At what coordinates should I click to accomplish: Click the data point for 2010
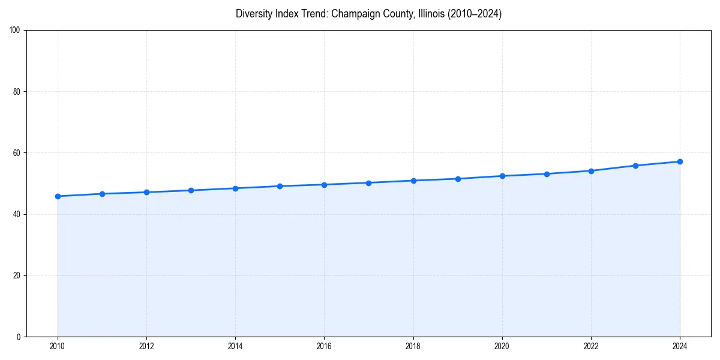coord(58,196)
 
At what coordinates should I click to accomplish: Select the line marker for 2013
coord(191,190)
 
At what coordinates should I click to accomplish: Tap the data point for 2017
coord(368,183)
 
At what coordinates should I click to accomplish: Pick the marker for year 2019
coord(458,179)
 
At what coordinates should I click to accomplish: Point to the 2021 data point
coord(547,174)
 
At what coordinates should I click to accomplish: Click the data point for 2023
coord(635,166)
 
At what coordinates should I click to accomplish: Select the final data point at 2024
coord(680,161)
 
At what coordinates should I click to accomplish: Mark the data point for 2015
coord(280,186)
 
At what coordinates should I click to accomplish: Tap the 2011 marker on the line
coord(102,194)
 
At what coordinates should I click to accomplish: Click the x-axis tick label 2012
coord(146,346)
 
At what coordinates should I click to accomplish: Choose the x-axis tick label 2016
coord(324,346)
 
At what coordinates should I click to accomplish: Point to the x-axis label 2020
coord(502,346)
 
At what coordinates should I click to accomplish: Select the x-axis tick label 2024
coord(680,346)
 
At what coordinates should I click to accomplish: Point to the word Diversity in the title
coord(253,14)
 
